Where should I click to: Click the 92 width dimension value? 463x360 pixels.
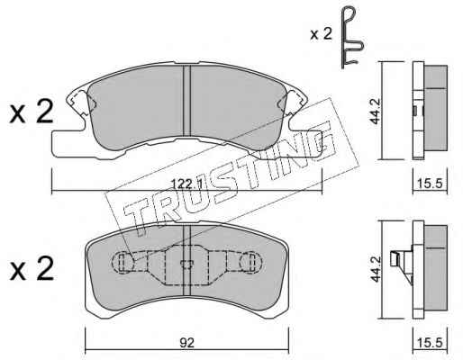187,343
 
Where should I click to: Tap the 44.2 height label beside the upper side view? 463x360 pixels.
376,111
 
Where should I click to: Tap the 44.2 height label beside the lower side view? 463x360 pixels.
376,268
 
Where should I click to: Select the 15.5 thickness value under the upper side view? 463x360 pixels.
430,183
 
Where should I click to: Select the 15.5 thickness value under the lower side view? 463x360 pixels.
430,343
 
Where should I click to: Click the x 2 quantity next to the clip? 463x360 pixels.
322,34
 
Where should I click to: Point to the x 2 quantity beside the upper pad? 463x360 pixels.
32,112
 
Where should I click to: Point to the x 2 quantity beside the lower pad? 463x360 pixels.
32,269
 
